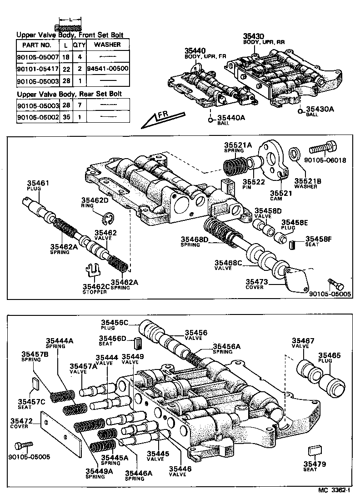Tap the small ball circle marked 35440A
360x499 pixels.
click(x=211, y=120)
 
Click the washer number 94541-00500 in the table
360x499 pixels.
click(x=108, y=69)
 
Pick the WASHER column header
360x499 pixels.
click(x=108, y=45)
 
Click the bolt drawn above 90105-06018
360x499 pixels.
click(x=324, y=148)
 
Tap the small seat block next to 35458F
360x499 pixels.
click(x=293, y=245)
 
